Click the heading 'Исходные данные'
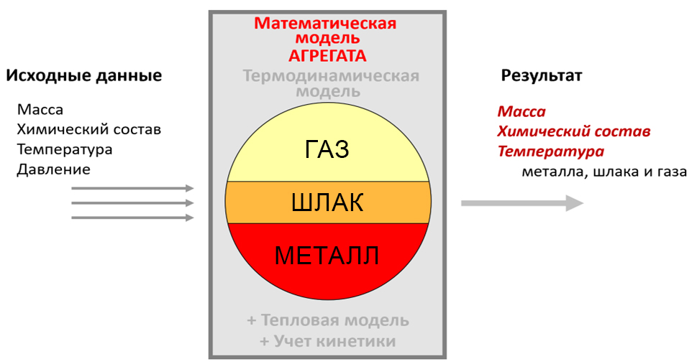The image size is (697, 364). coord(84,75)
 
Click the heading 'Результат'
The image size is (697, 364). coord(542,76)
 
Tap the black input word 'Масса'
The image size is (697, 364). coord(40,110)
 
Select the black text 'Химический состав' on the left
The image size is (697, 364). coord(89,130)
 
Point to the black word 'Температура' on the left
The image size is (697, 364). coord(65,149)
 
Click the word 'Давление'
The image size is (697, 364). coord(53,169)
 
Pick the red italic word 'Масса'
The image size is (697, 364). coord(521,111)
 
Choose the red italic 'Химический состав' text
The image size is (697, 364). coord(574,131)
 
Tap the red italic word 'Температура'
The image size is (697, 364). coord(551,151)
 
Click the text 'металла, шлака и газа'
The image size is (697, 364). coord(604,172)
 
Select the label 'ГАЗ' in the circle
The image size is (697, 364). coord(327,149)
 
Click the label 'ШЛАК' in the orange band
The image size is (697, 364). coord(327,202)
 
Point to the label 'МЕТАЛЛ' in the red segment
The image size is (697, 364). coord(327,256)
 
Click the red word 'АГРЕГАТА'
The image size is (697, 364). coord(327,56)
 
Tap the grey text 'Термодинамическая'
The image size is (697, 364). coord(331,76)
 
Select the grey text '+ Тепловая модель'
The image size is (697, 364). coord(328,320)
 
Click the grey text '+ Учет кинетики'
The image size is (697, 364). coord(328,341)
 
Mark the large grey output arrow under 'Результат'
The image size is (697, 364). coord(522,203)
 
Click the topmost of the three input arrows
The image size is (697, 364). coord(132,188)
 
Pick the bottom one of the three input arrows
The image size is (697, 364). coord(132,218)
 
